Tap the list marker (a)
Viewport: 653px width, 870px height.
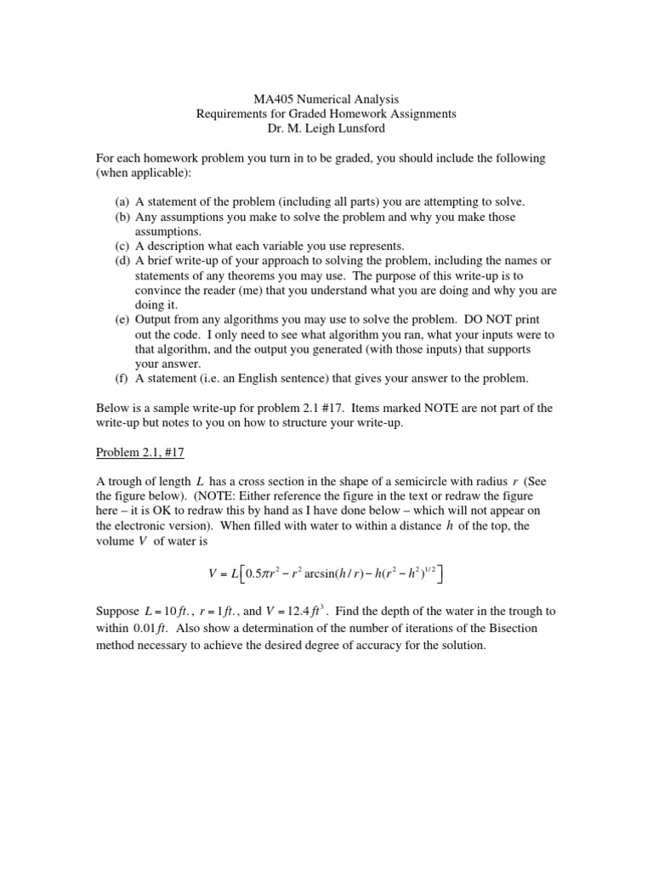(122, 202)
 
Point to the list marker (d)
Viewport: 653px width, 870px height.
(122, 260)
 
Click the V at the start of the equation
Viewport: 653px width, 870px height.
(213, 574)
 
